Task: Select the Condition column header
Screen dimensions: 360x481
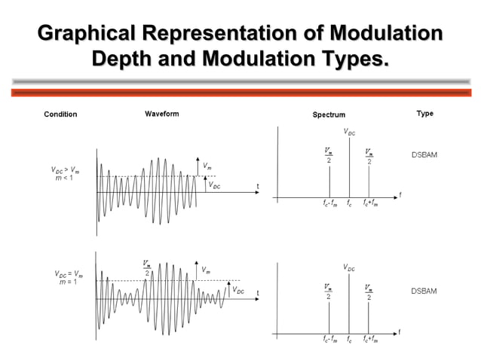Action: coord(60,114)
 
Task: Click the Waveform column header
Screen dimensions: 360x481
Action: coord(162,114)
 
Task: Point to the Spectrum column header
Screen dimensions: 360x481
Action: coord(329,114)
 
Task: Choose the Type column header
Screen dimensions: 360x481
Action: coord(424,114)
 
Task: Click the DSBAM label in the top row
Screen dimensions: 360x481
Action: coord(424,154)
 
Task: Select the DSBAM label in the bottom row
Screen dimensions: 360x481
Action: coord(424,290)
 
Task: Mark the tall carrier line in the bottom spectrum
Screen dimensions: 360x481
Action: coord(349,301)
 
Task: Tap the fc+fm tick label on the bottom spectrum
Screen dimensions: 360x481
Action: coord(370,340)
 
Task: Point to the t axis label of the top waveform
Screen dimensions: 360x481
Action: coord(257,186)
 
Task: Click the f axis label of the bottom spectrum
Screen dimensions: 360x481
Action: coord(400,331)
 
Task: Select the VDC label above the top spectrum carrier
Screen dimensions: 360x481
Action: coord(350,132)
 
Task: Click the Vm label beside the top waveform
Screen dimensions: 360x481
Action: coord(207,164)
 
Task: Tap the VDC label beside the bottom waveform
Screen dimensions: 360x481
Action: coord(237,289)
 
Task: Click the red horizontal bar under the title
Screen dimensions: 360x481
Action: coord(240,93)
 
